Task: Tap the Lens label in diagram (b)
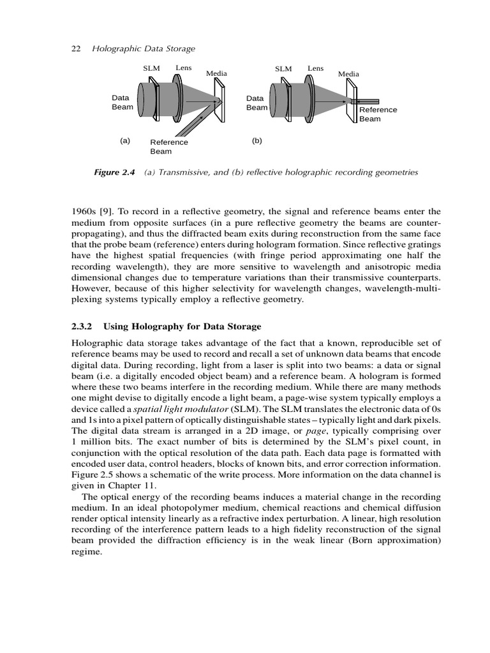click(x=315, y=68)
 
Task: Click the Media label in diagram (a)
click(x=217, y=74)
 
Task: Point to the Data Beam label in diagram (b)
click(x=256, y=103)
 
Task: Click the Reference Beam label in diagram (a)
click(x=169, y=147)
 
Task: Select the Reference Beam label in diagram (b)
click(x=378, y=114)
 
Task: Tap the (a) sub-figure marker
click(x=124, y=141)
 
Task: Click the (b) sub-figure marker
click(x=256, y=141)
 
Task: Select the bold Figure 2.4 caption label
click(x=115, y=173)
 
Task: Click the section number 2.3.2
click(x=82, y=326)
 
